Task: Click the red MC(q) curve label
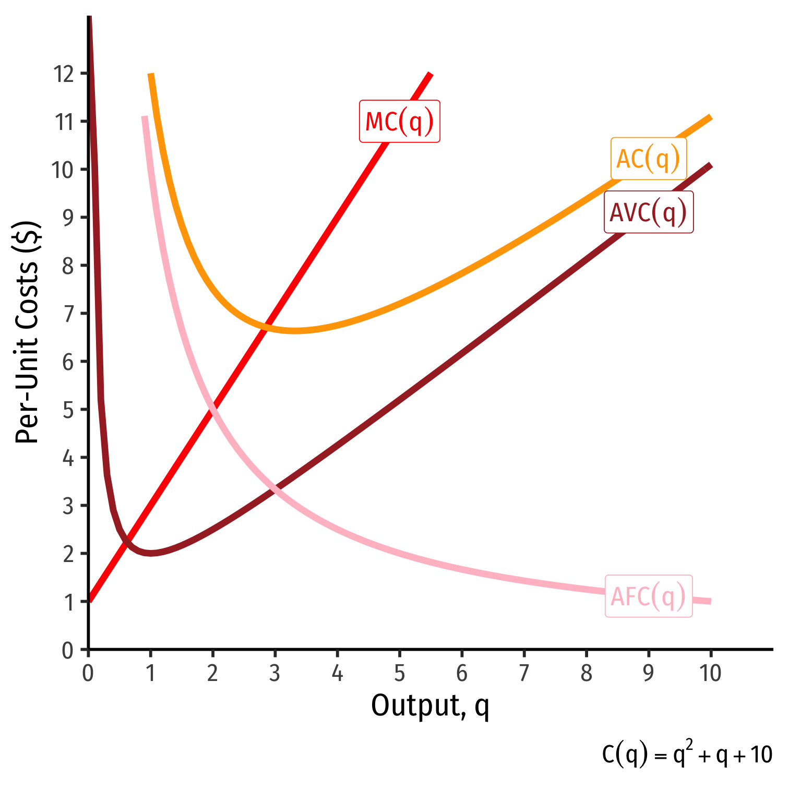click(399, 121)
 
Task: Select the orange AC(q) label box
click(648, 158)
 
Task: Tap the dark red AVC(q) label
click(648, 212)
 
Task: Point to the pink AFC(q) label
click(648, 596)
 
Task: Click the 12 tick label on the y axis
click(63, 74)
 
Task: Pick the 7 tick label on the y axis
click(68, 314)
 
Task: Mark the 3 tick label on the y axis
click(68, 506)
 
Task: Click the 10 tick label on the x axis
click(710, 674)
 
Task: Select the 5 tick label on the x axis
click(399, 674)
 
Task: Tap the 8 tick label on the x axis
click(586, 674)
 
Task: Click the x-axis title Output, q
click(430, 707)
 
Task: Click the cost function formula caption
click(687, 755)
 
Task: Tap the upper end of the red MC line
click(431, 74)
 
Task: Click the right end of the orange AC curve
click(710, 117)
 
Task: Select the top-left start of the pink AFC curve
click(145, 117)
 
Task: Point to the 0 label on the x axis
click(88, 674)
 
